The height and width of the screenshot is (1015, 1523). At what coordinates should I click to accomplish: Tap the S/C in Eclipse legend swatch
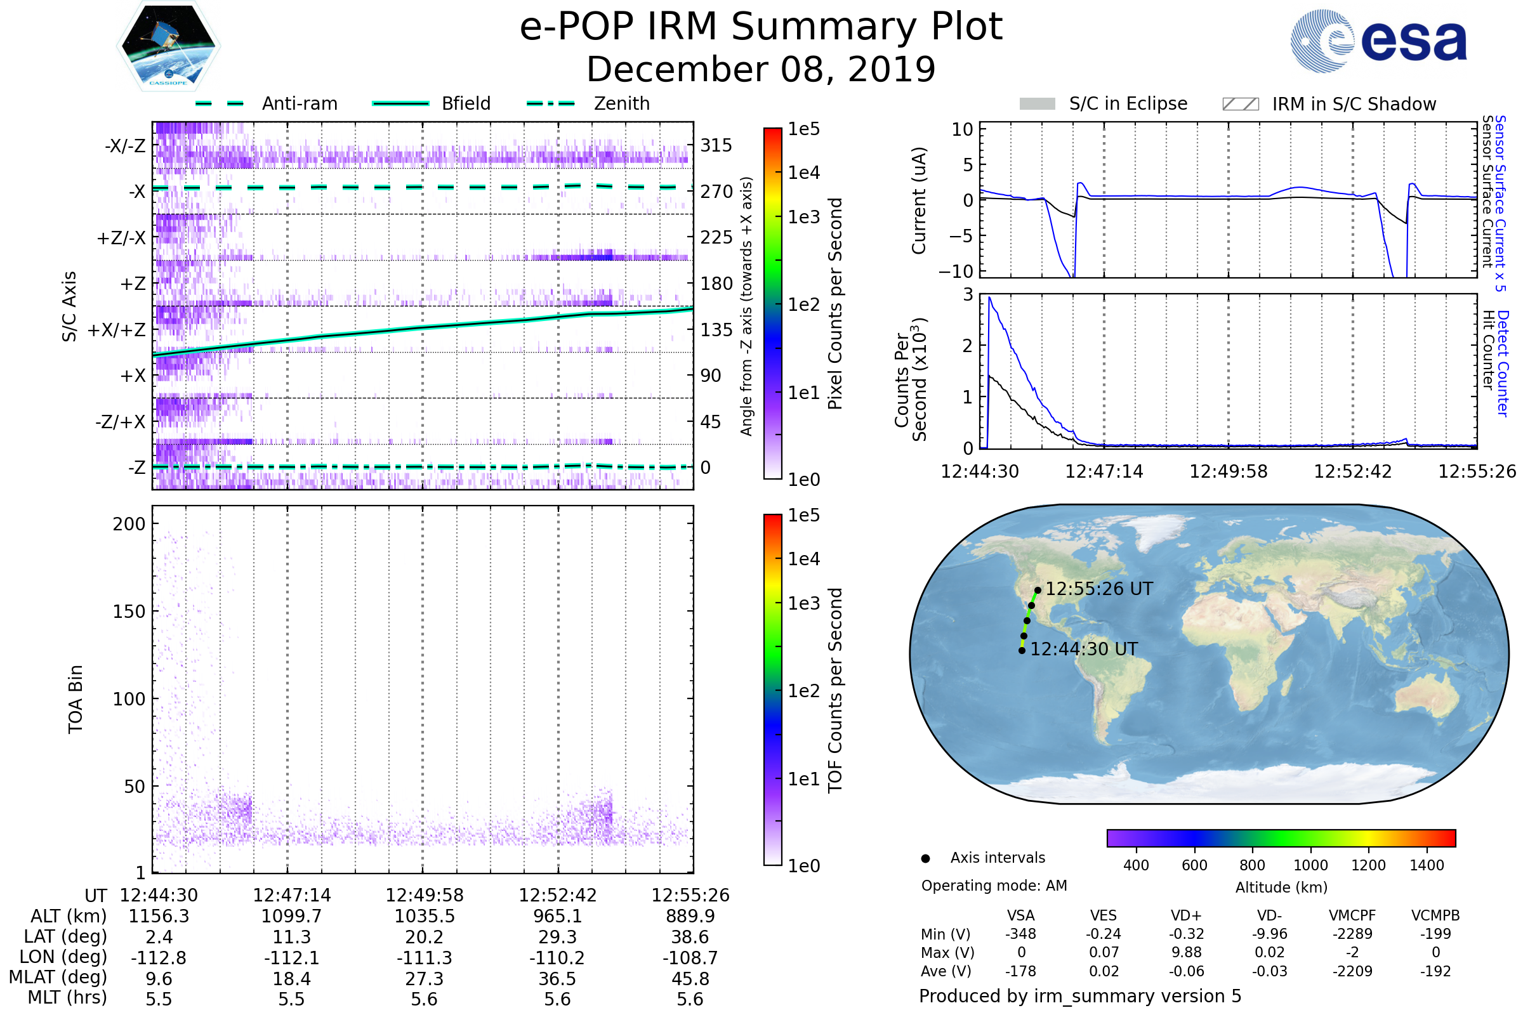(x=1038, y=104)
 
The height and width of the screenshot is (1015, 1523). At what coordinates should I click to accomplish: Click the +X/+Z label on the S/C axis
(x=117, y=330)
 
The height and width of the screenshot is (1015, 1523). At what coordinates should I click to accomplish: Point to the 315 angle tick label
(x=716, y=145)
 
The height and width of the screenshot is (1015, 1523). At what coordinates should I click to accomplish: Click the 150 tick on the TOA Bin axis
(x=129, y=612)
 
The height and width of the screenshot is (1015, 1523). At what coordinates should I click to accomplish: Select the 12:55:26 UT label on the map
(x=1099, y=589)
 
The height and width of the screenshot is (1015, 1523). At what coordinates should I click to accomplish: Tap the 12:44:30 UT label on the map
(x=1083, y=649)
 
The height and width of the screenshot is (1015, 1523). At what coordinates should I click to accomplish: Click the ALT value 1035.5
(x=424, y=917)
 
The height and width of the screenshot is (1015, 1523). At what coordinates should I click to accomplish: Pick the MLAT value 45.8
(x=690, y=979)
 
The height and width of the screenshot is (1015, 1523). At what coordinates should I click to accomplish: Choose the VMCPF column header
(x=1352, y=916)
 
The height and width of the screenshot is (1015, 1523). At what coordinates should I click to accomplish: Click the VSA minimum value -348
(x=1020, y=934)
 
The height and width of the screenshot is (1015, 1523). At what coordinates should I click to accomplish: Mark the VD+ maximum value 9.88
(x=1186, y=952)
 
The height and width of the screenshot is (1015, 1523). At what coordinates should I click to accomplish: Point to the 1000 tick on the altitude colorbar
(x=1310, y=865)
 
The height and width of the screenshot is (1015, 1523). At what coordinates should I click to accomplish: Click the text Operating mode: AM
(x=994, y=886)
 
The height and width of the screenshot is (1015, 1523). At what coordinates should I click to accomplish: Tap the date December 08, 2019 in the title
(x=761, y=69)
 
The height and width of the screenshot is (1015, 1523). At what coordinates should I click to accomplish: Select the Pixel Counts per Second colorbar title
(x=835, y=304)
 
